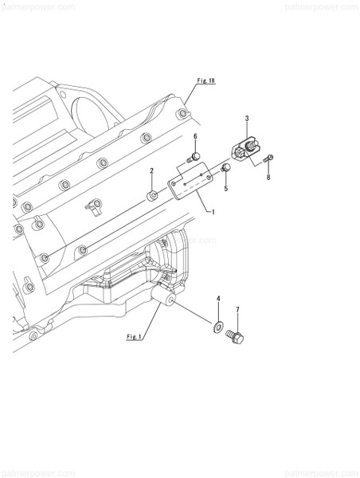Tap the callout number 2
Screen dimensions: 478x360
152,171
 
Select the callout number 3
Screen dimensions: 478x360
248,119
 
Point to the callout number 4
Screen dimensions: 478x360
218,299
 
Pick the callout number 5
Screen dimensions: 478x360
225,189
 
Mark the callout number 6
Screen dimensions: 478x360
194,137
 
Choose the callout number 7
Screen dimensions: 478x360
237,309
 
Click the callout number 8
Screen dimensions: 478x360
268,177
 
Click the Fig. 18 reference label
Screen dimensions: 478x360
206,81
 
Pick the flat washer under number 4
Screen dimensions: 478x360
217,326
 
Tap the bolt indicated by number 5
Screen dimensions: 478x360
225,167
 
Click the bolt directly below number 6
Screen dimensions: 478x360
194,159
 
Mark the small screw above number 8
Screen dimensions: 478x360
269,158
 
